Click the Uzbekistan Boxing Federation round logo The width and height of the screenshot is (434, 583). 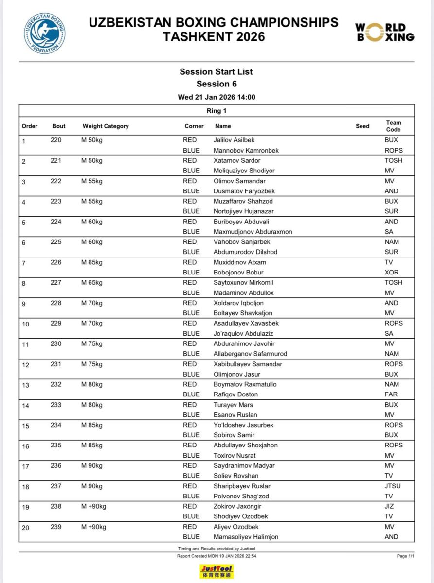coord(45,34)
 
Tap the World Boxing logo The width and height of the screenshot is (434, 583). coord(384,33)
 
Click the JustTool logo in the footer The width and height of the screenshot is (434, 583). coord(217,571)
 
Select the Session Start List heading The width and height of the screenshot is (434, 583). coord(217,72)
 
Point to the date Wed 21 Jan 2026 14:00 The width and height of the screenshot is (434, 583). coord(217,97)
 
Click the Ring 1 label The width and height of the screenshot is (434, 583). coord(217,111)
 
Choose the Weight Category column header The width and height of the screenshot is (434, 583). coord(106,126)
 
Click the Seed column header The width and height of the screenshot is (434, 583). coord(362,126)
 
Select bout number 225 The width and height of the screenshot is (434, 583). coord(56,241)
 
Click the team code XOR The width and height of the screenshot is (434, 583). coord(391,273)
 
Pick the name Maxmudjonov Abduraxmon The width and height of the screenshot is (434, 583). coord(253,232)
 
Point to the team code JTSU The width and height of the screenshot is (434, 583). coord(393,486)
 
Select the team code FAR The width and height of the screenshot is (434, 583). coord(391,394)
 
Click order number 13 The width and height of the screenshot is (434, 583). coord(26,385)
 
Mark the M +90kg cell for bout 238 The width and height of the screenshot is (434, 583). coord(94,506)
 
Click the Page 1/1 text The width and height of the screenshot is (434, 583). coord(405,556)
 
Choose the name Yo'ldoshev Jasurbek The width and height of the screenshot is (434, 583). coord(244,425)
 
